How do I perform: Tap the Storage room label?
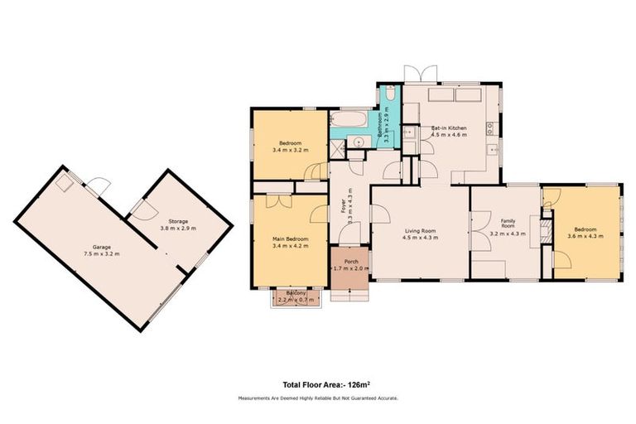[x=177, y=222]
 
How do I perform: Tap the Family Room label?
[x=508, y=224]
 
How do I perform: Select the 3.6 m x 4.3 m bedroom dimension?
[x=585, y=236]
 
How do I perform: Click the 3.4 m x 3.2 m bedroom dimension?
[x=290, y=150]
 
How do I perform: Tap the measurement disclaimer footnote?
[x=317, y=398]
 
